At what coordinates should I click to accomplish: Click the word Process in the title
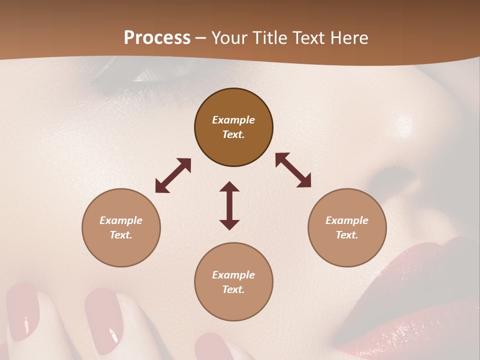[x=157, y=38]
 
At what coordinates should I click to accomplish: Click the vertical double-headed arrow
[x=229, y=205]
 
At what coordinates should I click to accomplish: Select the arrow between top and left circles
[x=173, y=175]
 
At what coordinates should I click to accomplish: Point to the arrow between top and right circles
[x=293, y=170]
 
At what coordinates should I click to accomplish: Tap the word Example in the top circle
[x=233, y=120]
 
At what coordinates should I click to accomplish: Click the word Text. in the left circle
[x=121, y=235]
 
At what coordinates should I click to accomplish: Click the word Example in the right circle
[x=347, y=220]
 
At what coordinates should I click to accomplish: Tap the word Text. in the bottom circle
[x=233, y=289]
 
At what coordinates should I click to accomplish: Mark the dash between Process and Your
[x=201, y=38]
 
